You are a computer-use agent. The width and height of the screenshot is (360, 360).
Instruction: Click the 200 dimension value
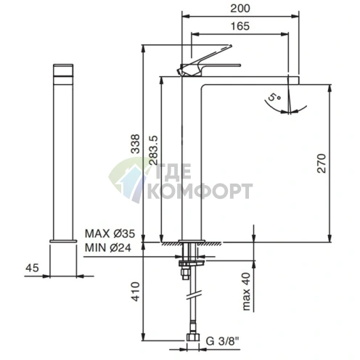click(240, 9)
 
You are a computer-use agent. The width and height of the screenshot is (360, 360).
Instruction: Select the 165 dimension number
click(240, 26)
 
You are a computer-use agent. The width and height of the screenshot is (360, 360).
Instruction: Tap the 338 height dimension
click(135, 144)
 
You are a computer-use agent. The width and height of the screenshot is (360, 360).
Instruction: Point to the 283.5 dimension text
click(153, 150)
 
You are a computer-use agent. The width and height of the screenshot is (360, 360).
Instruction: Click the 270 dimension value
click(322, 163)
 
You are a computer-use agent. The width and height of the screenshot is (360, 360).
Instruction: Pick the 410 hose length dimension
click(135, 291)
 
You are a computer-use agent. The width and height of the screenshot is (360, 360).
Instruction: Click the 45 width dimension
click(32, 268)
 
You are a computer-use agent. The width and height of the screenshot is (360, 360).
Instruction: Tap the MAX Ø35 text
click(110, 234)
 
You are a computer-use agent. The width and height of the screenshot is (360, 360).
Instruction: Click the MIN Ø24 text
click(108, 247)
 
